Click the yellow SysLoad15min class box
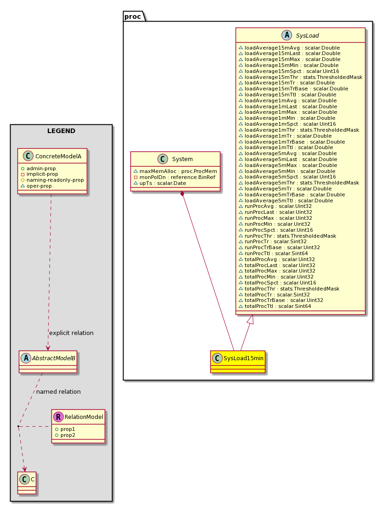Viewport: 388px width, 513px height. [x=238, y=362]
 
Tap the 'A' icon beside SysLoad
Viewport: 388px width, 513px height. [x=287, y=35]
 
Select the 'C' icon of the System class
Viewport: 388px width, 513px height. [x=163, y=159]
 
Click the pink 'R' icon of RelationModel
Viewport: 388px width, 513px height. [x=58, y=417]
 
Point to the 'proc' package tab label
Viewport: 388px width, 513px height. [x=133, y=17]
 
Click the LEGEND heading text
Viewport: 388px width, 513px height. [x=61, y=131]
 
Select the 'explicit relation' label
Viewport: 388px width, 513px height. [x=71, y=333]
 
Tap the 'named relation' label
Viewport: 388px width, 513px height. [x=58, y=391]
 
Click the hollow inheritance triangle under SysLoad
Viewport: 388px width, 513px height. [x=251, y=319]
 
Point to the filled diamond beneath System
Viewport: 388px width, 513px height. [x=182, y=194]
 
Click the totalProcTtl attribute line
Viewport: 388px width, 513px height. [x=275, y=306]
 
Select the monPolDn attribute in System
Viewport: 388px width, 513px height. [x=174, y=177]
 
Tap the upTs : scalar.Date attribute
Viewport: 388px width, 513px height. [x=160, y=183]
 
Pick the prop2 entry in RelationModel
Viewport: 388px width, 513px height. [x=65, y=435]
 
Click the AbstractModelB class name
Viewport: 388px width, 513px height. [x=53, y=358]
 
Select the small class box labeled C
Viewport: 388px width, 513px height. [x=27, y=483]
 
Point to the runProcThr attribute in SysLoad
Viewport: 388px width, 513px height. [x=287, y=236]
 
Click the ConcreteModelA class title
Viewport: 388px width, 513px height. [x=58, y=156]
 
